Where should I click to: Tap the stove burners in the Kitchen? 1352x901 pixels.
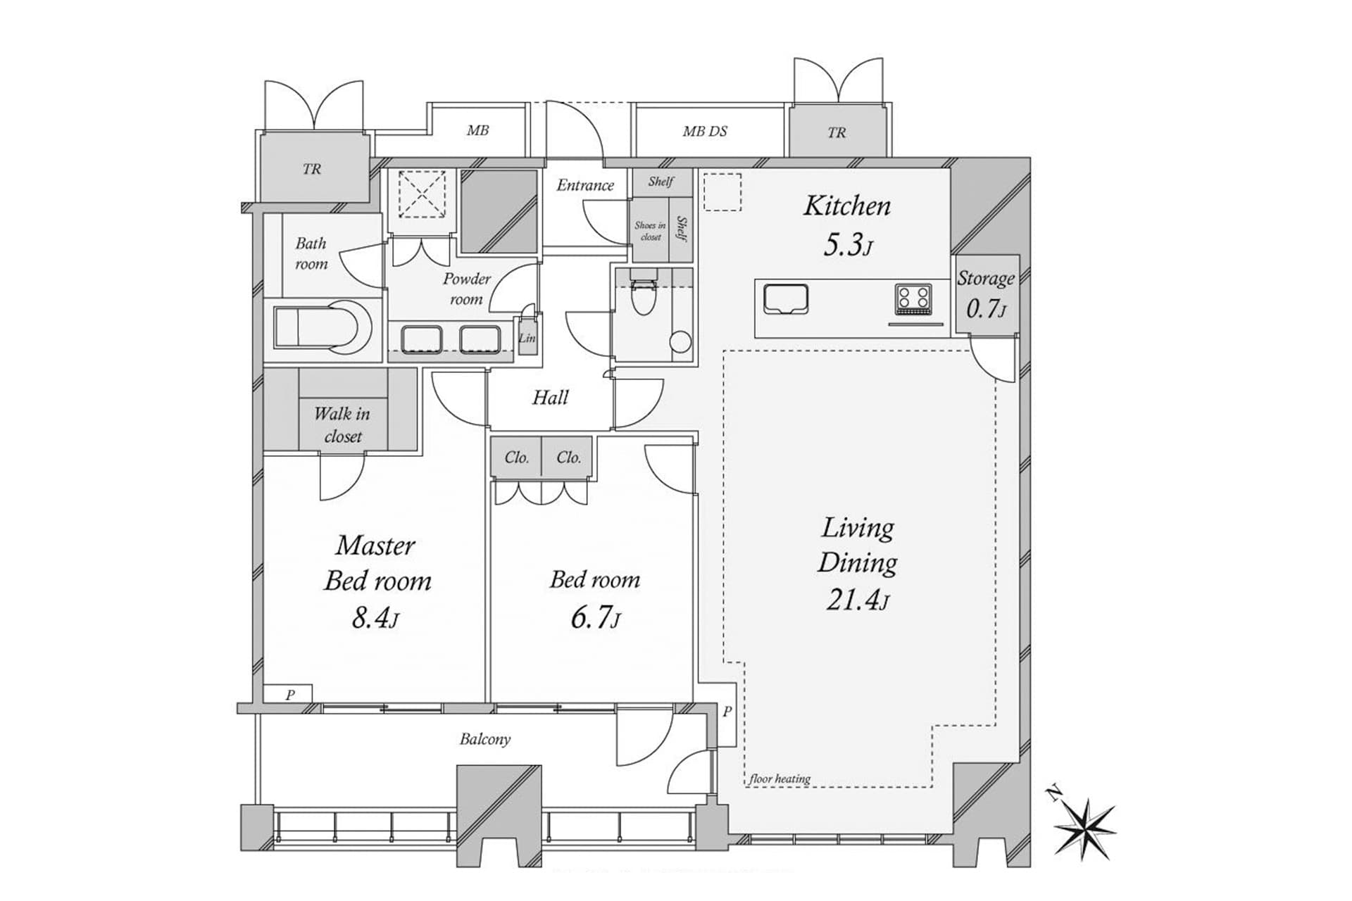pos(913,298)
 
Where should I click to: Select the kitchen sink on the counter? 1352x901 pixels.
pos(786,298)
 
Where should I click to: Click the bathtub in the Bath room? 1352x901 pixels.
pos(323,327)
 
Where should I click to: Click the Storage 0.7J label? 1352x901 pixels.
pos(986,294)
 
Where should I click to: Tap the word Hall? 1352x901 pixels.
pos(550,398)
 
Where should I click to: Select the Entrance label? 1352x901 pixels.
pos(585,185)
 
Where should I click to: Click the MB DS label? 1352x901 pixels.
pos(705,131)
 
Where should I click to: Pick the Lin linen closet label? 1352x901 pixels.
pos(527,338)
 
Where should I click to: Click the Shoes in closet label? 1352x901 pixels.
pos(650,231)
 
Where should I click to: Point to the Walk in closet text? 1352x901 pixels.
pos(342,424)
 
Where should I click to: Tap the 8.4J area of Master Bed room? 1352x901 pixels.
pos(375,618)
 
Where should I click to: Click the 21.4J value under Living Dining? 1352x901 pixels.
pos(857,600)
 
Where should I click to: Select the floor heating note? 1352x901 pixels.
pos(780,779)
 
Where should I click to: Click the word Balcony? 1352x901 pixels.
pos(485,739)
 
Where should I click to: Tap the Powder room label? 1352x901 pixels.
pos(466,289)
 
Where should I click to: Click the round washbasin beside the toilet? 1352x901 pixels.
pos(680,342)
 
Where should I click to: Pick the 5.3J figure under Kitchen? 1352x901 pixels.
pos(848,245)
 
